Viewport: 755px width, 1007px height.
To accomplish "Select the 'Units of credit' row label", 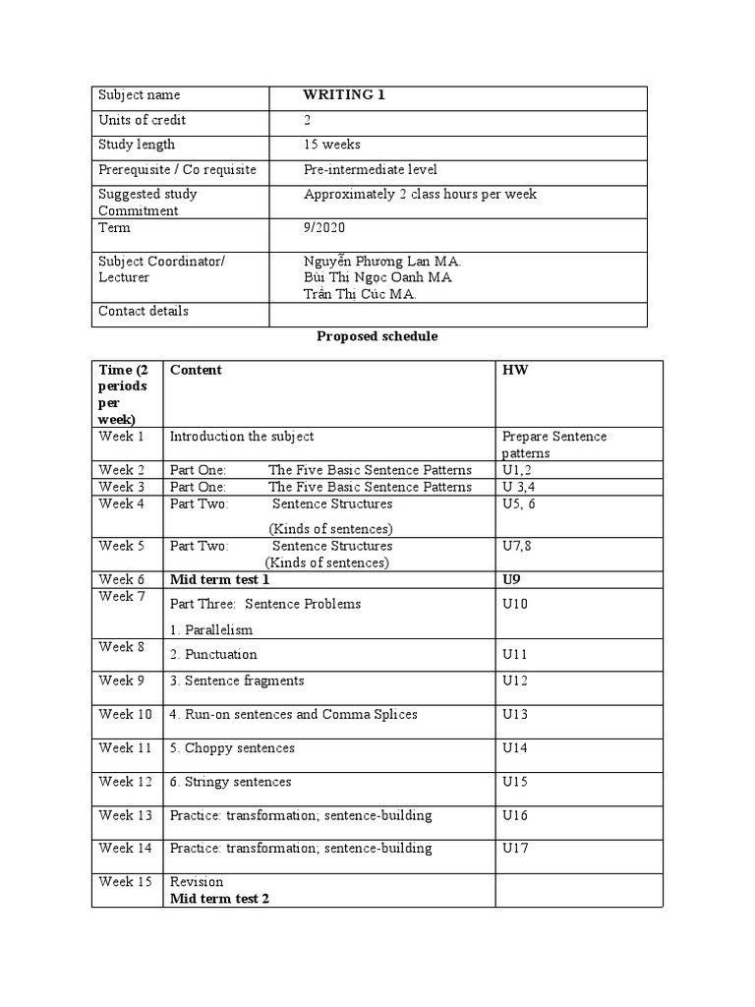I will click(142, 120).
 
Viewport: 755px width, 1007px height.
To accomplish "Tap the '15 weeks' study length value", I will click(333, 145).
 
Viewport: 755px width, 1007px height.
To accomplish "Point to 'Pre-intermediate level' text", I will click(371, 169).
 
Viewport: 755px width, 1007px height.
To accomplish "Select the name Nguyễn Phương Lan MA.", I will click(382, 262).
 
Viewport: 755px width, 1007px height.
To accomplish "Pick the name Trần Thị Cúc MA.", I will click(361, 294).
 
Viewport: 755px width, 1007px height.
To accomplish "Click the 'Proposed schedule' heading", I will click(377, 336).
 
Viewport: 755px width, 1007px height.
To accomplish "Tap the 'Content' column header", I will click(196, 370).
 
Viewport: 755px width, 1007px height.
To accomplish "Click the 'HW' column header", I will click(513, 370).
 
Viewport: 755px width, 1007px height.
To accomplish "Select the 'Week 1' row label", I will click(121, 436).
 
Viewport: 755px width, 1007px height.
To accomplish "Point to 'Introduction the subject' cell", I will click(242, 436).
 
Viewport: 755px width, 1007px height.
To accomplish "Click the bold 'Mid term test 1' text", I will click(219, 580).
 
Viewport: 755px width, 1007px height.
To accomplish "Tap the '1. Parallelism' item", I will click(211, 629).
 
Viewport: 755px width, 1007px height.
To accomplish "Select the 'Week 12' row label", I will click(125, 782).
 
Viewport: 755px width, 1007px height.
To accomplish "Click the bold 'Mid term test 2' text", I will click(219, 898).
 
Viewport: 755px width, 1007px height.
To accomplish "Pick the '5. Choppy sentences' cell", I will click(232, 748).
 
